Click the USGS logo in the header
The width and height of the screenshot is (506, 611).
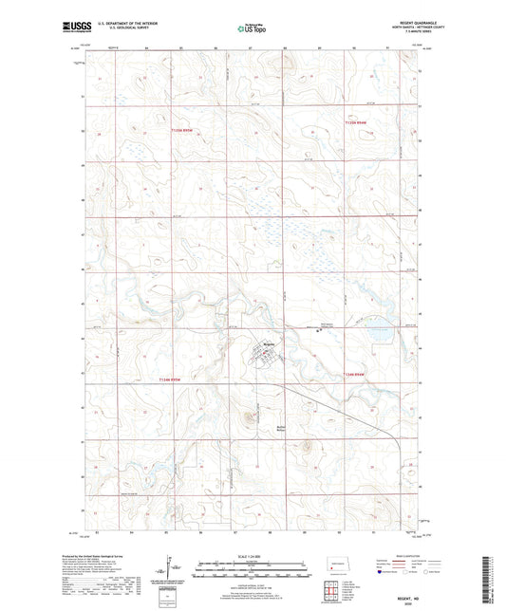[71, 28]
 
